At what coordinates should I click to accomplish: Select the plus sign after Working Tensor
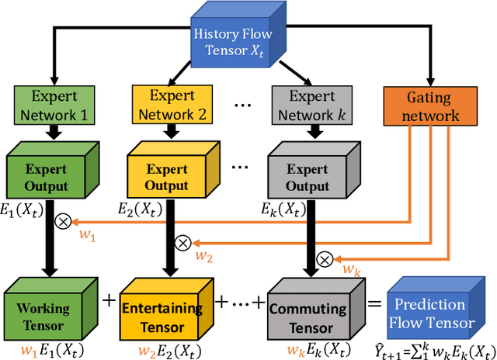[x=108, y=300]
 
